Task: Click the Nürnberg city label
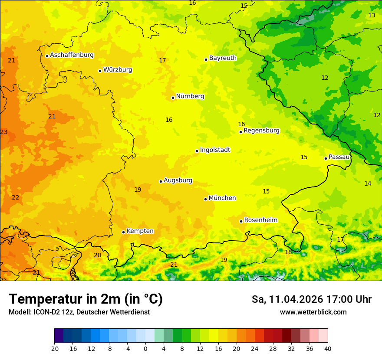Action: (x=190, y=96)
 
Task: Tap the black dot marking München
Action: (x=205, y=199)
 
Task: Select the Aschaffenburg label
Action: (x=72, y=55)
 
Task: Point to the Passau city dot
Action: (x=326, y=158)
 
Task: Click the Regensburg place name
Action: (x=261, y=131)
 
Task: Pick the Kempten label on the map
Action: (x=140, y=231)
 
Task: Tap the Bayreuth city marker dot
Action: (x=206, y=59)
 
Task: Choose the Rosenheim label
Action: (x=260, y=220)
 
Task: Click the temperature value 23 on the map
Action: (x=4, y=132)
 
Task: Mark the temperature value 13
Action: (x=372, y=16)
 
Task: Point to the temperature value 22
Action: (x=16, y=197)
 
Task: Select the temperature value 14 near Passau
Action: (x=368, y=184)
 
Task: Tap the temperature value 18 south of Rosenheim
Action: (x=288, y=252)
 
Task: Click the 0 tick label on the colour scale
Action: (x=145, y=349)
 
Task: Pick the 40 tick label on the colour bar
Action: (x=327, y=349)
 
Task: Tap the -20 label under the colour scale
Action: (x=54, y=349)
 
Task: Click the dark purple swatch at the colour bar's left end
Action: (x=59, y=336)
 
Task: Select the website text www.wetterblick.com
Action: (x=313, y=312)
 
